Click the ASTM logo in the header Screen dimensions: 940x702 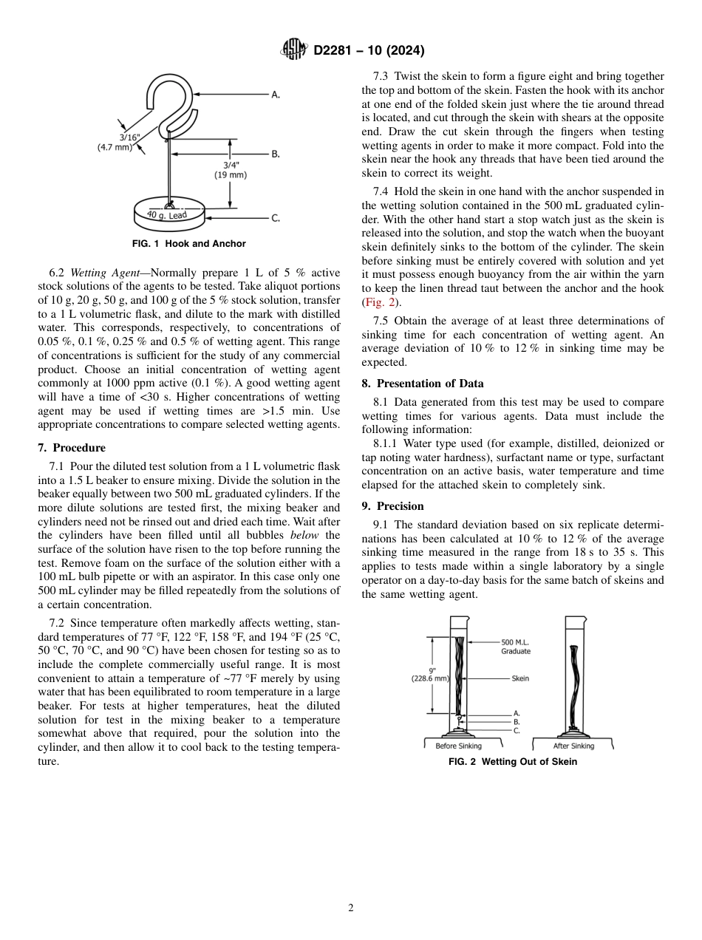coord(294,50)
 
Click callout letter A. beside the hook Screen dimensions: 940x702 coord(275,95)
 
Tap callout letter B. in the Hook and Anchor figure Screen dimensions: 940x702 coord(275,154)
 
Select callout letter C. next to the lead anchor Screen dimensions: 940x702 coord(275,218)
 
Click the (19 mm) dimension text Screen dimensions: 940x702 coord(231,175)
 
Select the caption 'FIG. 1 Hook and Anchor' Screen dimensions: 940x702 coord(189,244)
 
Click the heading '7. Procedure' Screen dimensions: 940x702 coord(72,448)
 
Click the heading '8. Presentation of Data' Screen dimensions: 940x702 coord(423,384)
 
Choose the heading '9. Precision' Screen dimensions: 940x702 coord(392,506)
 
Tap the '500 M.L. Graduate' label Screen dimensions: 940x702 coord(516,647)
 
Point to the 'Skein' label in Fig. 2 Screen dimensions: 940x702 coord(520,678)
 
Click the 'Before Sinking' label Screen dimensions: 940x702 coord(458,746)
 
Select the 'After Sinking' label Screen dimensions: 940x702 coord(573,746)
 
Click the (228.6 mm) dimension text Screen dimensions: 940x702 coord(430,678)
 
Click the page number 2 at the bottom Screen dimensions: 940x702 coord(351,908)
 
